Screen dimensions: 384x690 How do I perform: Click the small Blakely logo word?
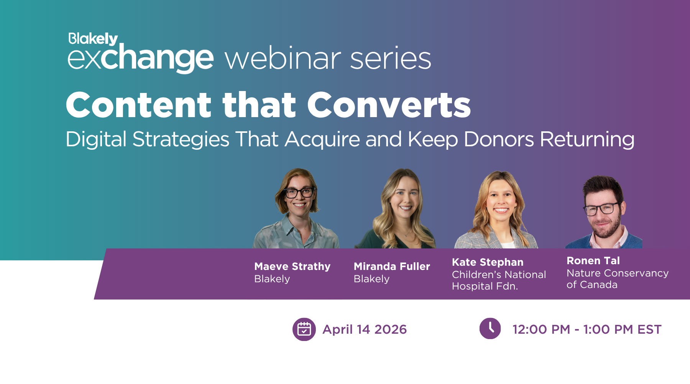click(93, 39)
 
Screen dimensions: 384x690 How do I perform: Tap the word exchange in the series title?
click(140, 58)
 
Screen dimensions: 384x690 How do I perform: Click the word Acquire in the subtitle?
click(322, 139)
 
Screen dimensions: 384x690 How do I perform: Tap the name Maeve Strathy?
click(292, 266)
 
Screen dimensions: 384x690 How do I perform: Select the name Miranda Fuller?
click(392, 266)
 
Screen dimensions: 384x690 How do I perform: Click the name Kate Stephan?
click(488, 262)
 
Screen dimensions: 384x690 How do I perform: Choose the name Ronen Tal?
click(593, 261)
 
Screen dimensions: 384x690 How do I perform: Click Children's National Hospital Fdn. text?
click(498, 280)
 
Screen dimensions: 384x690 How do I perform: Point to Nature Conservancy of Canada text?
click(617, 279)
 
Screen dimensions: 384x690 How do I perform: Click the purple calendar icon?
click(304, 329)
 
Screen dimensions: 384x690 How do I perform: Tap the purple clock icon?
click(490, 329)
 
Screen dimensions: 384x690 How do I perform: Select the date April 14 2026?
click(365, 329)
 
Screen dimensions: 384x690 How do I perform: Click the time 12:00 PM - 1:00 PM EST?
click(587, 329)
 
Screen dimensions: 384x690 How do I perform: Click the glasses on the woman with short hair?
click(299, 192)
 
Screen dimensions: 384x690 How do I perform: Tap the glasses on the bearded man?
click(601, 209)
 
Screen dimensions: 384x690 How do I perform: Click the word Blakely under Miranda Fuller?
click(371, 279)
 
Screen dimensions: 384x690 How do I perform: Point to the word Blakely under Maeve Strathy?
click(272, 279)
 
